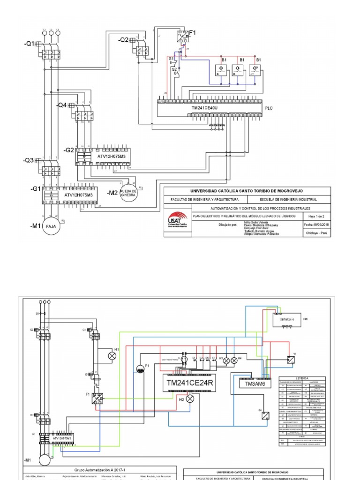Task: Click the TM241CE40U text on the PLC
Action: tap(204, 108)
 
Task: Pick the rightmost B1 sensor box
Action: tap(255, 70)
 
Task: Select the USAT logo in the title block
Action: tap(177, 221)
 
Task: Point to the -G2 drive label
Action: tap(69, 150)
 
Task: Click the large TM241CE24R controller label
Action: tap(190, 382)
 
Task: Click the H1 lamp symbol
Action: tap(112, 356)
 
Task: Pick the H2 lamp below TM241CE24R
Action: tap(190, 399)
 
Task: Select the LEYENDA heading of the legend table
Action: tap(302, 378)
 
